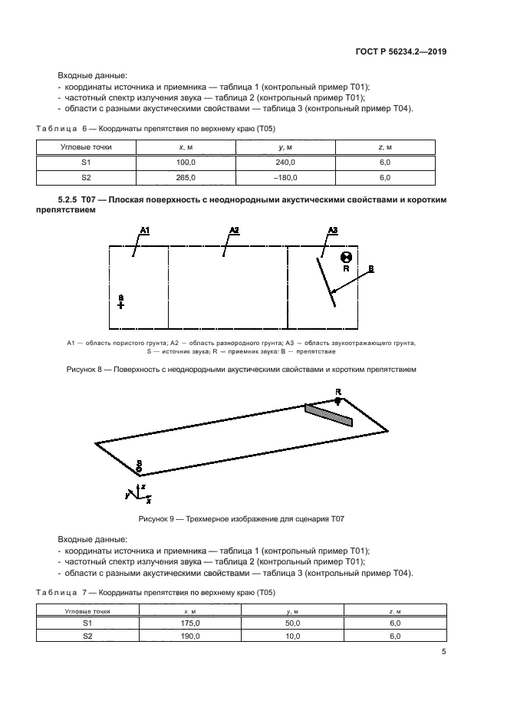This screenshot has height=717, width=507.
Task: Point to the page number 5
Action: pyautogui.click(x=444, y=652)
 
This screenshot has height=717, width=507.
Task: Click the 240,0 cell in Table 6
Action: pyautogui.click(x=286, y=162)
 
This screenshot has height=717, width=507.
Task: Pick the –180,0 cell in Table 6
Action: pyautogui.click(x=285, y=177)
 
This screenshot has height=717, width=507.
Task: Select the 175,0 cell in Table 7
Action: pyautogui.click(x=190, y=623)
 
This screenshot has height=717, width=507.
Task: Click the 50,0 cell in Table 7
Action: pyautogui.click(x=292, y=623)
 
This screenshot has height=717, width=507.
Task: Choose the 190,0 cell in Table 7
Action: pyautogui.click(x=190, y=636)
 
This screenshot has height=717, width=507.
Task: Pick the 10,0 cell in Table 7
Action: pyautogui.click(x=292, y=636)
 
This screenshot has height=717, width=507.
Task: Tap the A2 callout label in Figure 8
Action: pyautogui.click(x=235, y=230)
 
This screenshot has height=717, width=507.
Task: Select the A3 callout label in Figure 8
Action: pyautogui.click(x=332, y=230)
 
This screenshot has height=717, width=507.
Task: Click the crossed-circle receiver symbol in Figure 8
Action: pyautogui.click(x=346, y=258)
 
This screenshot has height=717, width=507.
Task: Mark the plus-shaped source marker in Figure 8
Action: pyautogui.click(x=120, y=304)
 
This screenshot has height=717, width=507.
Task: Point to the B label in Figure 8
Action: pyautogui.click(x=370, y=268)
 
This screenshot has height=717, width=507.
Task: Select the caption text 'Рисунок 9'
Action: pyautogui.click(x=158, y=519)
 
